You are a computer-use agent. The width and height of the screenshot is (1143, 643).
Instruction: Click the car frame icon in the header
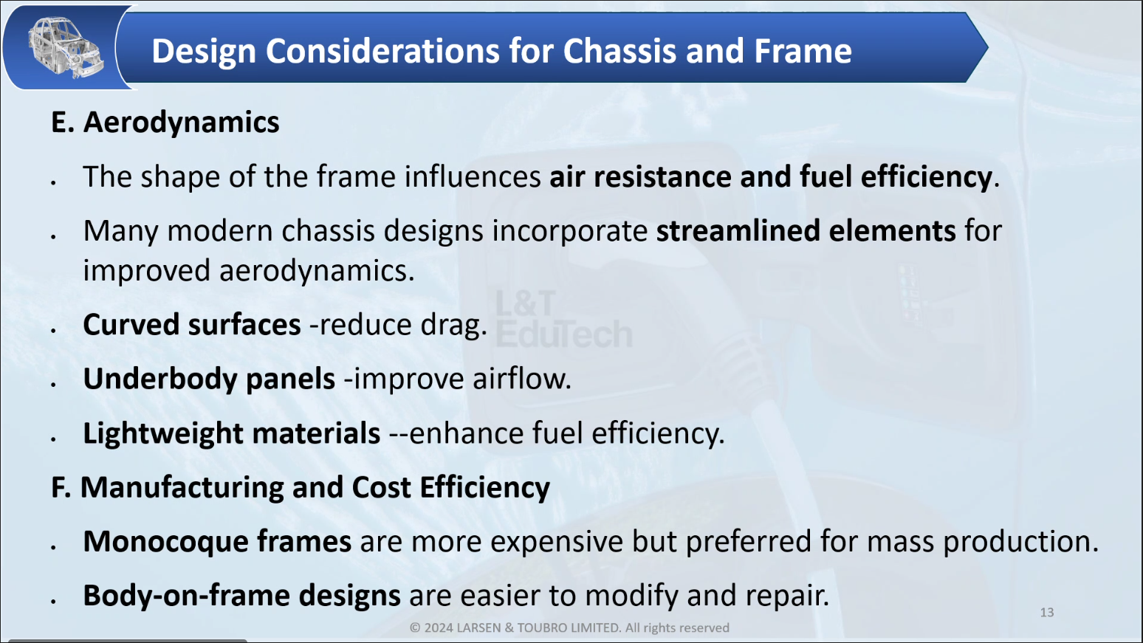(65, 47)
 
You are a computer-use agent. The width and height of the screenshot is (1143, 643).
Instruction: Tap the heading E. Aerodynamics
(165, 123)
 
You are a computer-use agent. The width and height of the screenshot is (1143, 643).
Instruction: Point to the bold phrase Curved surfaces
(192, 325)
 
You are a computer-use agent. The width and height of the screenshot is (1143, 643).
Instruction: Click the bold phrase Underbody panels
(209, 379)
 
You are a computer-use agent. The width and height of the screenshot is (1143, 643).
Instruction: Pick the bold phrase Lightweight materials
(232, 433)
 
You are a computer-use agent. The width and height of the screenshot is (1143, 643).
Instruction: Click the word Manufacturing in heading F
(182, 487)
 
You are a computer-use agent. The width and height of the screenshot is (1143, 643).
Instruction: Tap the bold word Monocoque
(166, 541)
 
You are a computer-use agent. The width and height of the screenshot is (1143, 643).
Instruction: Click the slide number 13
(1047, 613)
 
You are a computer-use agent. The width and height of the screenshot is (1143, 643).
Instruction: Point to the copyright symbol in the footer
(415, 627)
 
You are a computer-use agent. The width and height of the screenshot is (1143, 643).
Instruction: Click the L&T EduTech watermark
(564, 319)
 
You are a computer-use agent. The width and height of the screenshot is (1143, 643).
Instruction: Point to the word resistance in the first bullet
(662, 176)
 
